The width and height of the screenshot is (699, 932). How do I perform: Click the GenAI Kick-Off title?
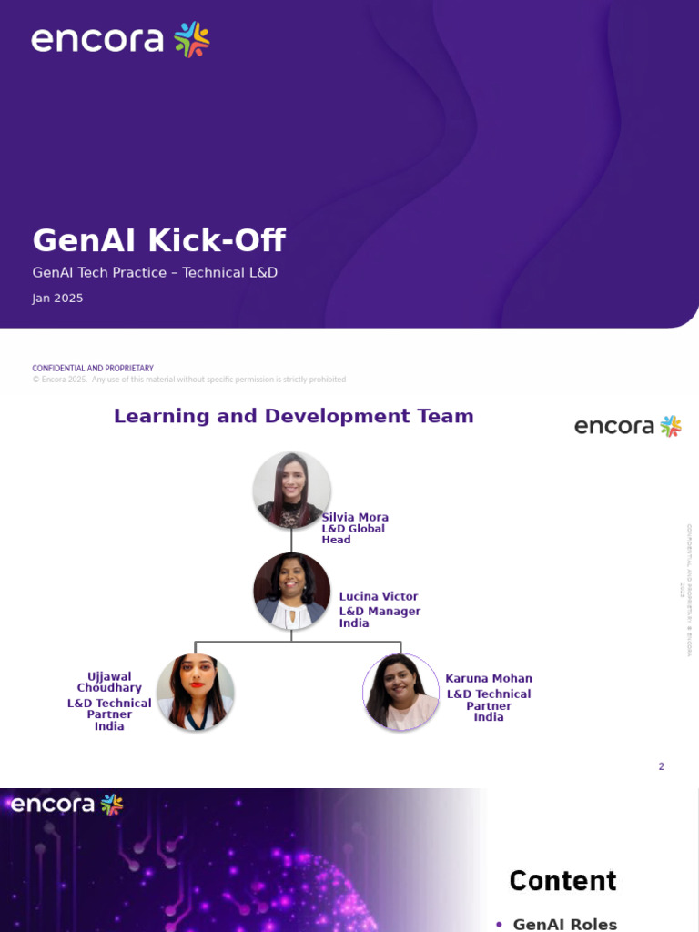[158, 241]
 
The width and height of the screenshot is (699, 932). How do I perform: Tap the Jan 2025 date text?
[57, 299]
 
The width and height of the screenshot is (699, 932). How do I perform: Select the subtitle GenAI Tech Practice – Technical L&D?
[155, 272]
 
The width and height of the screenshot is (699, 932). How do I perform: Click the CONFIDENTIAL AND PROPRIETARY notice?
[93, 368]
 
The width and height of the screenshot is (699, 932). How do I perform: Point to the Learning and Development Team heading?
[293, 416]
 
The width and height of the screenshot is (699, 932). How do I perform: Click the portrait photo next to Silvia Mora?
[291, 491]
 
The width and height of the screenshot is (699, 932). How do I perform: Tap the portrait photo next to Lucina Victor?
[291, 591]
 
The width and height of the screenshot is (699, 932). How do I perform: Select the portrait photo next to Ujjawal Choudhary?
[196, 692]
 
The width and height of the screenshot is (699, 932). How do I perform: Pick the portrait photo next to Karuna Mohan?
[400, 692]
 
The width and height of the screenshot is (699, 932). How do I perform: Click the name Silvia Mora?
[355, 517]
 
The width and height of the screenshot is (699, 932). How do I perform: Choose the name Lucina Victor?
[379, 597]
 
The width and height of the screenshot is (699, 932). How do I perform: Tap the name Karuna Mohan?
[489, 678]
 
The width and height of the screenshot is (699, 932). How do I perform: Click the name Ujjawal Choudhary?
[109, 683]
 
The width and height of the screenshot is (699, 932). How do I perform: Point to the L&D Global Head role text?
[353, 534]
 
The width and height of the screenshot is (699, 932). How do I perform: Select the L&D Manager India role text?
[380, 617]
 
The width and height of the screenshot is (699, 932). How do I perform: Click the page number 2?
[662, 766]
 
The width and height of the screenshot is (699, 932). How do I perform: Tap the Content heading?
[562, 881]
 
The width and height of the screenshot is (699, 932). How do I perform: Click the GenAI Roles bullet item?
[564, 924]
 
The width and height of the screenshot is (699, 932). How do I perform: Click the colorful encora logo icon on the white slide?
[671, 426]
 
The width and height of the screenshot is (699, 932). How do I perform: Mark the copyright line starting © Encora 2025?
[188, 380]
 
